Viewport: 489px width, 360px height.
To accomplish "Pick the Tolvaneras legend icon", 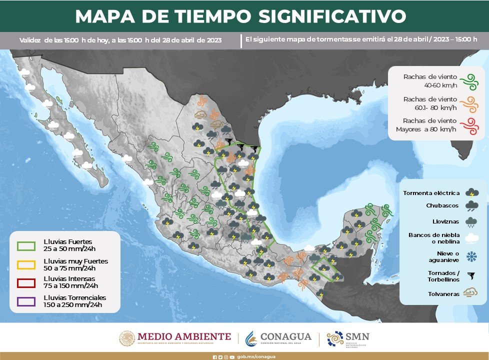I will tap(470, 293).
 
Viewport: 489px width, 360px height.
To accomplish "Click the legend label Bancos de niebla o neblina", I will tap(433, 237).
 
